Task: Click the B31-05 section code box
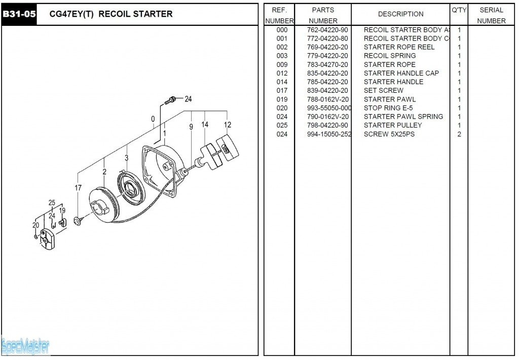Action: coord(19,14)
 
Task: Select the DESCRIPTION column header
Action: coord(400,14)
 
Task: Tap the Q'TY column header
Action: coord(459,10)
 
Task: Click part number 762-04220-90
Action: coord(327,30)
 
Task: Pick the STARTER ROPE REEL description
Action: coord(399,47)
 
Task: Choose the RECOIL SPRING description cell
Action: coord(390,56)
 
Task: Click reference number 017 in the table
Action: coord(282,91)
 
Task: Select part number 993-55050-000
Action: coord(328,108)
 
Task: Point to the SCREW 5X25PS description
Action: coord(389,134)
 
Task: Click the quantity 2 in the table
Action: coord(459,134)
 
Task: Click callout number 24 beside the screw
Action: coord(188,99)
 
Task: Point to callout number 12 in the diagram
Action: coord(228,125)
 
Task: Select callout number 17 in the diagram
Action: coord(78,188)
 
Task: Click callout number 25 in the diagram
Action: coord(52,203)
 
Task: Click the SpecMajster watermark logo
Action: coord(25,346)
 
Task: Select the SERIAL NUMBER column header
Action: coord(491,15)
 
